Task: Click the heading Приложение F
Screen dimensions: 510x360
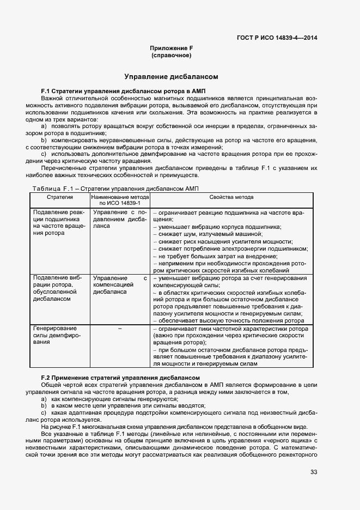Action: click(x=172, y=48)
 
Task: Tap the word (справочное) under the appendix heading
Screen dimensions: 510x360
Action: click(x=172, y=56)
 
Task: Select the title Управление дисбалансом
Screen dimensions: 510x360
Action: click(x=172, y=77)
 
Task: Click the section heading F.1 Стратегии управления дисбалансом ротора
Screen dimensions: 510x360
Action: click(x=123, y=90)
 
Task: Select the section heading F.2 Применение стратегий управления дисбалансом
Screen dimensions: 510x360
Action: click(x=121, y=378)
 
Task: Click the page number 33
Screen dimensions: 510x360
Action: click(x=313, y=472)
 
